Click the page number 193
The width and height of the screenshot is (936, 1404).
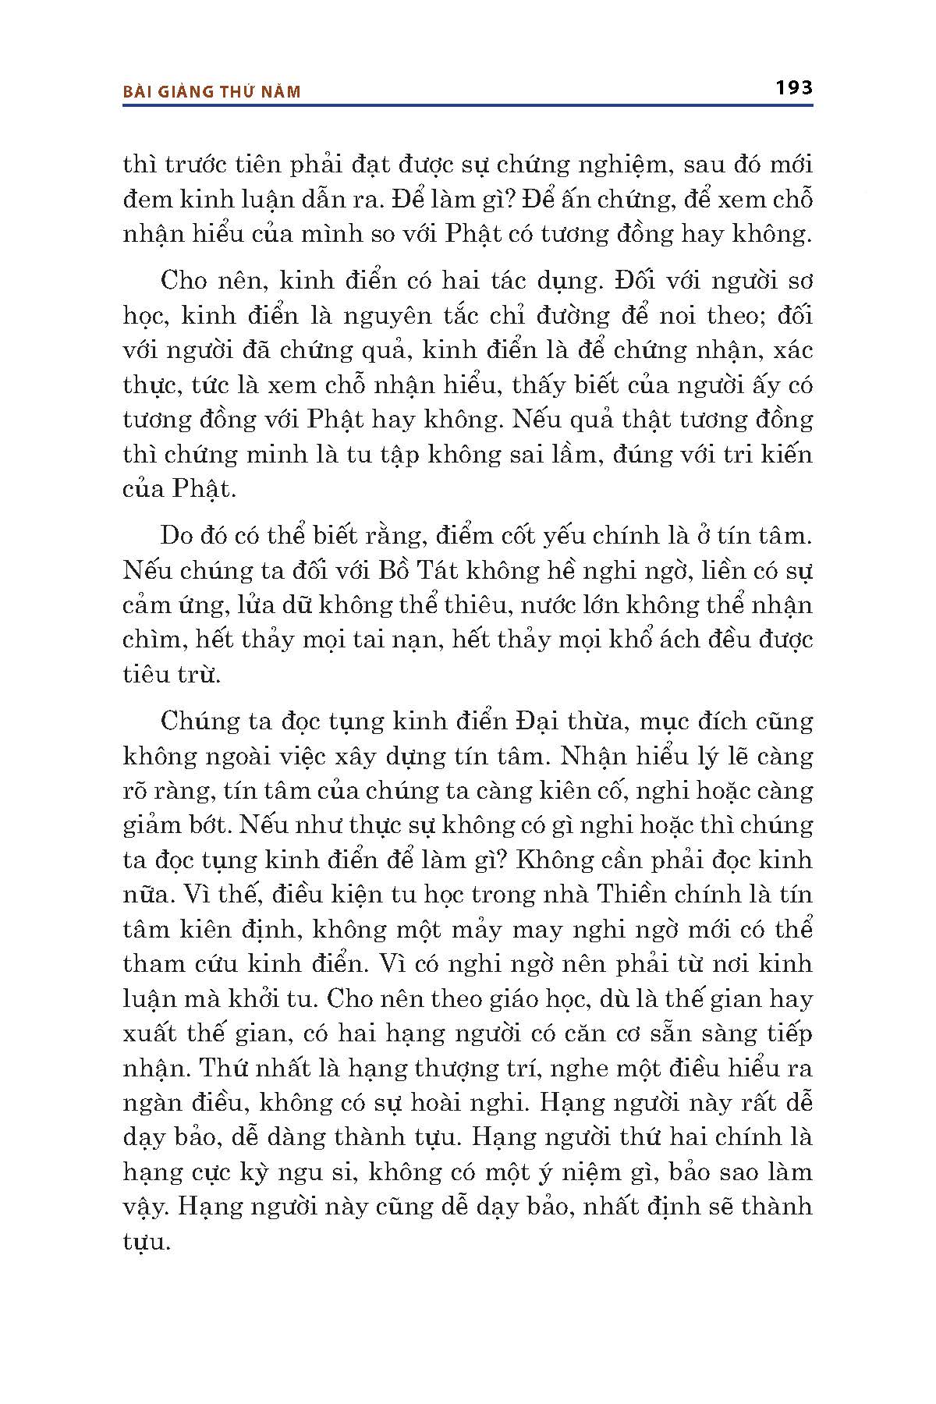click(x=794, y=87)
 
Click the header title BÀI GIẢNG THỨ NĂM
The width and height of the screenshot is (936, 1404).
click(x=212, y=92)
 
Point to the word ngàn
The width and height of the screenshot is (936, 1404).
click(x=153, y=1102)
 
